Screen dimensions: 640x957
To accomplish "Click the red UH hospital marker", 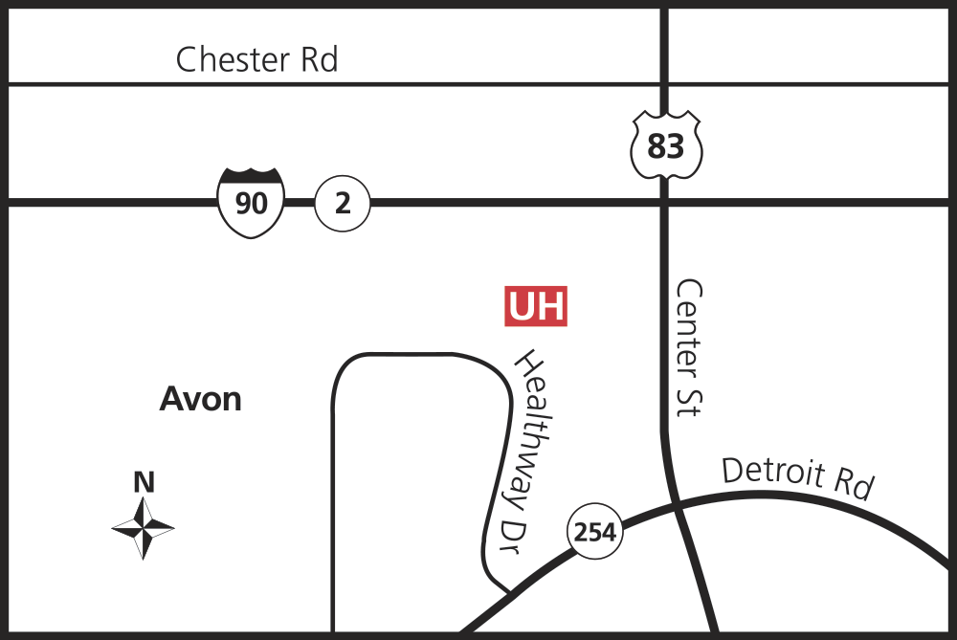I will [536, 306].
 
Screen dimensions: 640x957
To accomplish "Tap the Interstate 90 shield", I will [251, 202].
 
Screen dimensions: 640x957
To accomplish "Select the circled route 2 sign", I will [343, 203].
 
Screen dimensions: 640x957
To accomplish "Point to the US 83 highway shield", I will [666, 145].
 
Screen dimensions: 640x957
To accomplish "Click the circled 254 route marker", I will [595, 531].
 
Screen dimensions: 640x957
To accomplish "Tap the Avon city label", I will [200, 398].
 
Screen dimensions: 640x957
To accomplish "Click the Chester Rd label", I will [256, 60].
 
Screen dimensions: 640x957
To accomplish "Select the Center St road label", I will [689, 346].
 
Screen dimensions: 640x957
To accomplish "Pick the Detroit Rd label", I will [797, 477].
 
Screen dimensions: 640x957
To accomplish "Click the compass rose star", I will [144, 527].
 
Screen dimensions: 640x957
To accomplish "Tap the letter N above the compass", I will [144, 482].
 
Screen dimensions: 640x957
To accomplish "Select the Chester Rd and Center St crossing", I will [664, 84].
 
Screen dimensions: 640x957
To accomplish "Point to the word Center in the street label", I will [689, 320].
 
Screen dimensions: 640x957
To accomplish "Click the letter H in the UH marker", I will [550, 306].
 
